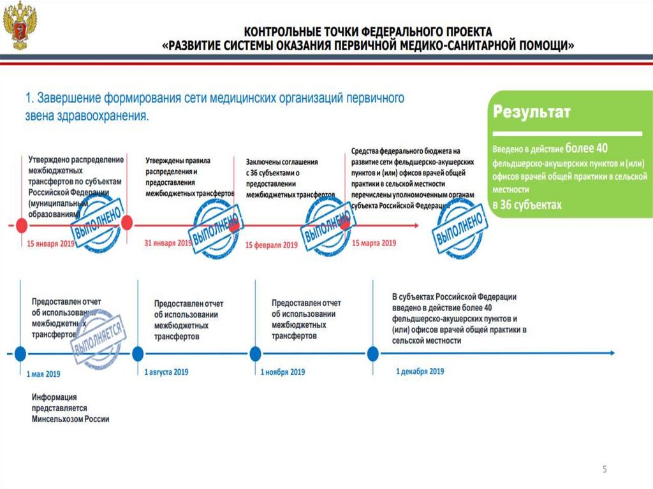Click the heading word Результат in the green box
[x=531, y=112]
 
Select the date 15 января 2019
[x=51, y=244]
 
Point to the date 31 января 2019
[x=168, y=244]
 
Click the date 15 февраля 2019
[x=271, y=245]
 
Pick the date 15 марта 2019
[x=374, y=243]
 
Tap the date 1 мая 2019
[x=43, y=374]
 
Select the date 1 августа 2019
[x=166, y=372]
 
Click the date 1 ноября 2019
[x=282, y=372]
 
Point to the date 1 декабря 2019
[x=420, y=371]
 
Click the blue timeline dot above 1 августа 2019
[x=137, y=353]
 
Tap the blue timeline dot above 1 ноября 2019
[x=255, y=353]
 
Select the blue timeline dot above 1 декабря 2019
[x=372, y=353]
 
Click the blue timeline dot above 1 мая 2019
[x=20, y=353]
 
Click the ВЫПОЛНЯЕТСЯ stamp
[x=99, y=338]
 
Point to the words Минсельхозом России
[x=71, y=420]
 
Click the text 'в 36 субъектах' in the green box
[x=527, y=205]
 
